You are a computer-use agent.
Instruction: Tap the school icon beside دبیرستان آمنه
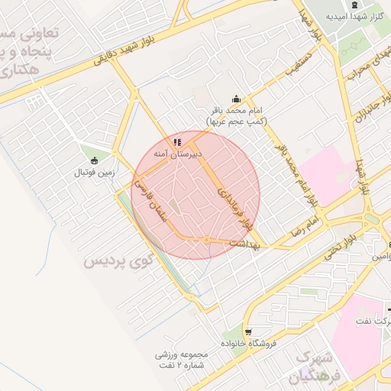(178, 142)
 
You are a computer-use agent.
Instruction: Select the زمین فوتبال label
(93, 172)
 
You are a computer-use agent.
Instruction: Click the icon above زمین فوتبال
(94, 160)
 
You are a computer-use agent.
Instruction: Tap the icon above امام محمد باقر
(236, 98)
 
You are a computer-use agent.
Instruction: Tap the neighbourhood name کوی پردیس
(118, 262)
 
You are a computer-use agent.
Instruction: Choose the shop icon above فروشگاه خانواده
(249, 331)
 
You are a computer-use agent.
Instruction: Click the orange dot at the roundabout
(206, 241)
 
